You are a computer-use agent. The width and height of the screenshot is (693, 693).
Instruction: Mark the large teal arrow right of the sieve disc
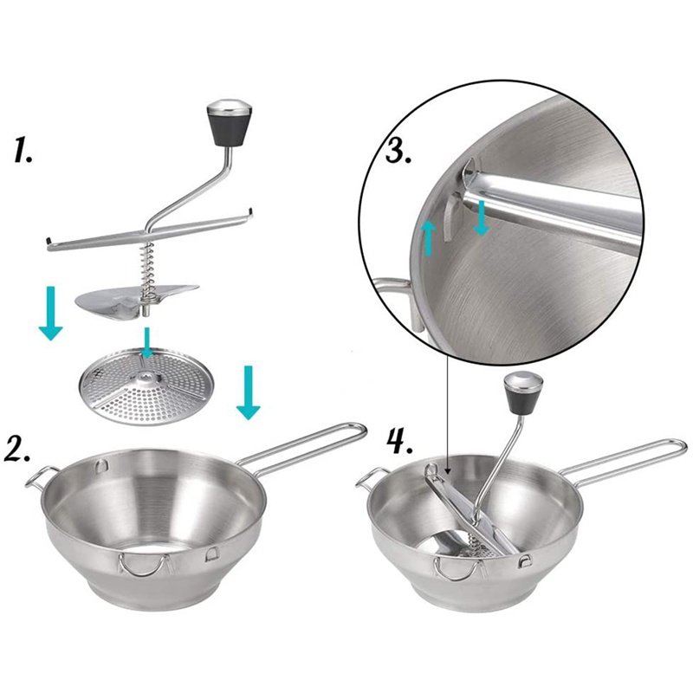248,392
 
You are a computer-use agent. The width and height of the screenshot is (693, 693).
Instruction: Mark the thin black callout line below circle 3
447,407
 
